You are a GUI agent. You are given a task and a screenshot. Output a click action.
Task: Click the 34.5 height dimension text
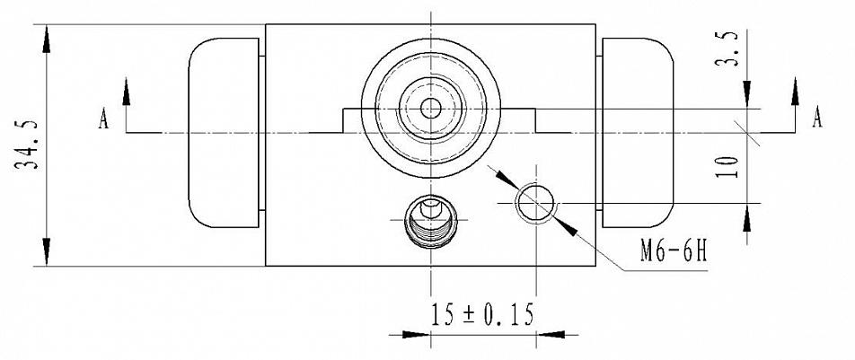click(26, 145)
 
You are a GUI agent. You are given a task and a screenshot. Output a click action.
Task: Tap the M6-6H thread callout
click(674, 251)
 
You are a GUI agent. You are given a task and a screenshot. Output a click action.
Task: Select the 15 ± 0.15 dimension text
click(482, 315)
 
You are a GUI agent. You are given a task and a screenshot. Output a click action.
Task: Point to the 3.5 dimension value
click(727, 48)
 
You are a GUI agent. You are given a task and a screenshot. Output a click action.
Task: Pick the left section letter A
click(103, 119)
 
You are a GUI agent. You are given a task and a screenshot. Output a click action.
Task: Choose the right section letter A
click(817, 117)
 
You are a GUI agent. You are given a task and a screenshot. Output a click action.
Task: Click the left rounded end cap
click(224, 133)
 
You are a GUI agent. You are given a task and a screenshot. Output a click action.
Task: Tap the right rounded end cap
click(638, 133)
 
